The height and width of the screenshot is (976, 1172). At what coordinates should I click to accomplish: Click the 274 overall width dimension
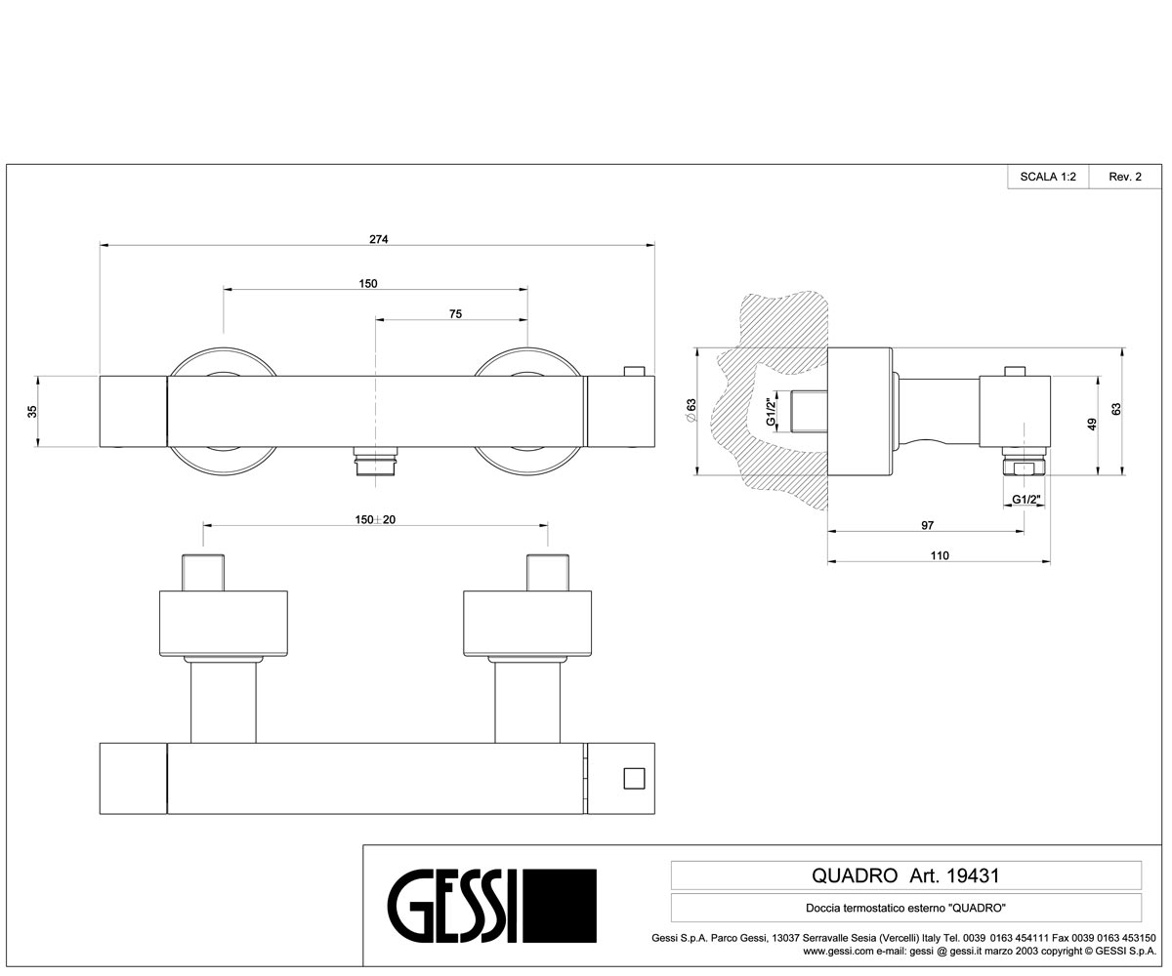(x=378, y=239)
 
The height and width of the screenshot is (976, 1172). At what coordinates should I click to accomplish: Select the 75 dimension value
(x=455, y=314)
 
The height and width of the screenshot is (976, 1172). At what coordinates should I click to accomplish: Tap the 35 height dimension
(x=32, y=411)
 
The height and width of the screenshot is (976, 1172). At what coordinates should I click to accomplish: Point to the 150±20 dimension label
(x=375, y=520)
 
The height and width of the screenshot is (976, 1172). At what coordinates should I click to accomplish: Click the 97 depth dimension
(x=927, y=526)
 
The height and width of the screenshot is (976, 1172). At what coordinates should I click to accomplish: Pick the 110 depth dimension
(x=940, y=556)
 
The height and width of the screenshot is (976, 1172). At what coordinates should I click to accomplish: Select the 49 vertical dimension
(x=1092, y=425)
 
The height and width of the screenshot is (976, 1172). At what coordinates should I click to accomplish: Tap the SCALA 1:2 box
(x=1048, y=177)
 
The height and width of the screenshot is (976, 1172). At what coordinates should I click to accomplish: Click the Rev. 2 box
(x=1125, y=177)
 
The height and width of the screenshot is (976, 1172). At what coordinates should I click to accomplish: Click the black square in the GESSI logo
(x=560, y=906)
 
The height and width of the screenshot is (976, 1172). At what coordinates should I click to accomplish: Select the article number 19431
(x=973, y=875)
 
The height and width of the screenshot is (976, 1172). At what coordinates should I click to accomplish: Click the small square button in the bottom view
(x=634, y=779)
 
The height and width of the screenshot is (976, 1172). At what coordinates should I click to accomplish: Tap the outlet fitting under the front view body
(x=375, y=461)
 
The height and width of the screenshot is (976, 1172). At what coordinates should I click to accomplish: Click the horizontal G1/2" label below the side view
(x=1026, y=499)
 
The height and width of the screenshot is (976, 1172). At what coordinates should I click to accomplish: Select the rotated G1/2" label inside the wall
(x=772, y=412)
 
